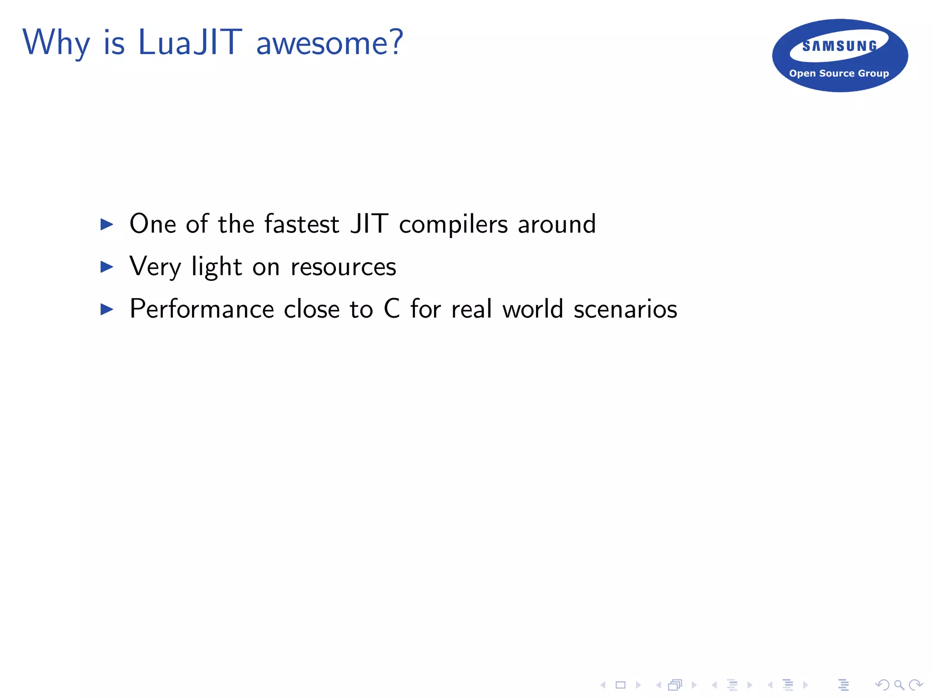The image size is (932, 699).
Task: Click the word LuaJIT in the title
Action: click(190, 42)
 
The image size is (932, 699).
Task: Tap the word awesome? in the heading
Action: click(329, 43)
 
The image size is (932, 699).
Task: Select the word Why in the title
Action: click(56, 43)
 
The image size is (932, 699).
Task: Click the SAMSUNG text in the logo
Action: click(840, 46)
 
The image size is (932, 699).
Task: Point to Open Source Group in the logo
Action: click(839, 73)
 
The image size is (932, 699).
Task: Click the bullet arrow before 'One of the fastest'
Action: click(106, 224)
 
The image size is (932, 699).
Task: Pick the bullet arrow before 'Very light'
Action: click(106, 267)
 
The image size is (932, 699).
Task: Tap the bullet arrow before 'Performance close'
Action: click(106, 309)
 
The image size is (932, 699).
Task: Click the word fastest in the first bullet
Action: click(302, 224)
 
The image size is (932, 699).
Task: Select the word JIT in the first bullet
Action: click(369, 224)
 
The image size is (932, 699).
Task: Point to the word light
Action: click(217, 267)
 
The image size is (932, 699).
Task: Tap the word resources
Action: click(343, 267)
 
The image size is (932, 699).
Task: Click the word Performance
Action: click(202, 309)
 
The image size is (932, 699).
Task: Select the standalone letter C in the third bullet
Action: click(392, 309)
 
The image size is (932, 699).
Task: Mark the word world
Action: click(533, 309)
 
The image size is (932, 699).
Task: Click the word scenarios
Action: click(625, 309)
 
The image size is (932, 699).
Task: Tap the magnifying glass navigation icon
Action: click(899, 685)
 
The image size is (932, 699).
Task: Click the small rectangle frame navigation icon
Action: click(620, 685)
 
